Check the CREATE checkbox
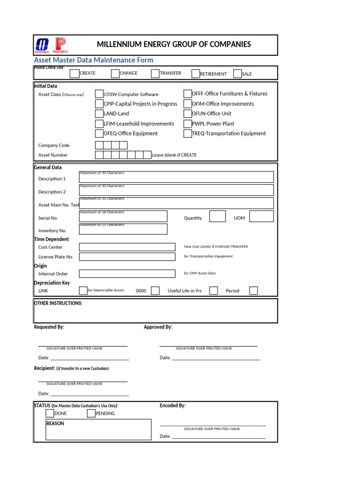pyautogui.click(x=75, y=73)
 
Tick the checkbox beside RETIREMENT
pyautogui.click(x=195, y=74)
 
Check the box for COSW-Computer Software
pyautogui.click(x=99, y=94)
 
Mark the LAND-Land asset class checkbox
pyautogui.click(x=99, y=113)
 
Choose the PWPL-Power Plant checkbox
pyautogui.click(x=187, y=124)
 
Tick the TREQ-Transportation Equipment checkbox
pyautogui.click(x=187, y=134)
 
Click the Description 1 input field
pyautogui.click(x=176, y=177)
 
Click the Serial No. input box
pyautogui.click(x=123, y=216)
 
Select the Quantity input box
pyautogui.click(x=217, y=216)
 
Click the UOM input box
pyautogui.click(x=261, y=216)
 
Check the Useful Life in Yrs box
pyautogui.click(x=213, y=291)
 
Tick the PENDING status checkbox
pyautogui.click(x=91, y=413)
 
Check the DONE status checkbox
pyautogui.click(x=50, y=413)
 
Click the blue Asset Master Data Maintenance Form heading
pyautogui.click(x=94, y=60)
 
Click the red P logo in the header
pyautogui.click(x=60, y=45)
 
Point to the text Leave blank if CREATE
pyautogui.click(x=174, y=155)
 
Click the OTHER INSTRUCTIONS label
pyautogui.click(x=58, y=303)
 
